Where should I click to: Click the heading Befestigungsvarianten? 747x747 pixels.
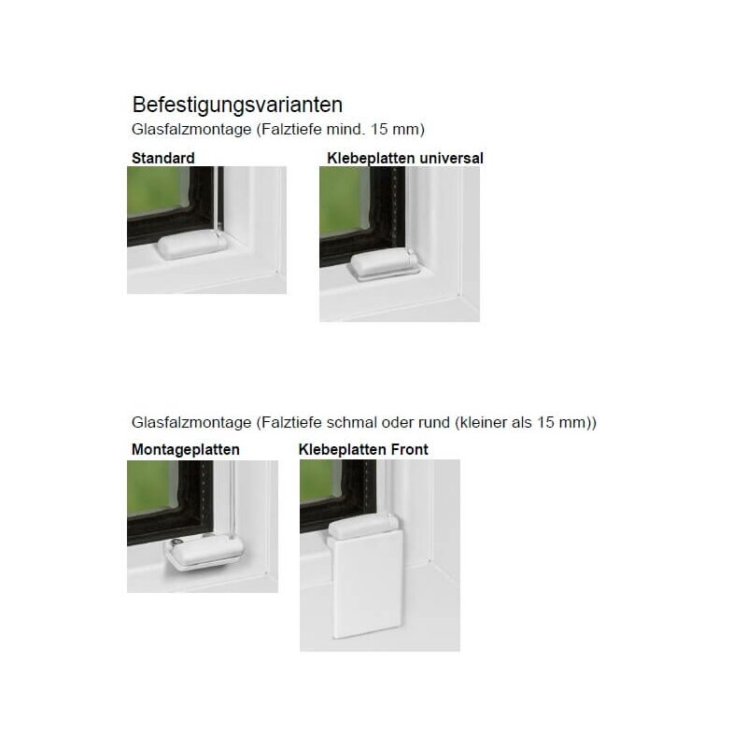237,106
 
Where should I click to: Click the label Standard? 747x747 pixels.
162,158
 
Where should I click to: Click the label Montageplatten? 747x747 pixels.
185,450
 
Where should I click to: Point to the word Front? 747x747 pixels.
410,449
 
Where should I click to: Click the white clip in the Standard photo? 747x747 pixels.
192,246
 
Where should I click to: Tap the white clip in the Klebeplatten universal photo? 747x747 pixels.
385,264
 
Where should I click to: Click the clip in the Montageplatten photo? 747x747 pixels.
204,552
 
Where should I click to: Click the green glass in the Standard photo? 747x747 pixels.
157,192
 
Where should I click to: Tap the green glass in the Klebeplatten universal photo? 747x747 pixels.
344,201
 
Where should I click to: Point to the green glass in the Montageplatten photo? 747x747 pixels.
152,487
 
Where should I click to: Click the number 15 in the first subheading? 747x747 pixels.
379,129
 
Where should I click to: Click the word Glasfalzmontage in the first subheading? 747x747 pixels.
191,130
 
